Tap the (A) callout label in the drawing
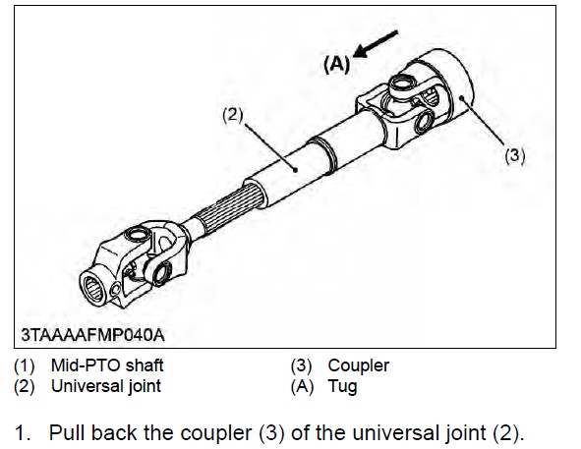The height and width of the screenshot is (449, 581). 337,64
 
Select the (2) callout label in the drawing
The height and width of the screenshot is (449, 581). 232,114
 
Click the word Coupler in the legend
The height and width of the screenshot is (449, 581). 358,365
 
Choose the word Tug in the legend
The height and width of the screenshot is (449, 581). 342,385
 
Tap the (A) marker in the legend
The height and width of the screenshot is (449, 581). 303,385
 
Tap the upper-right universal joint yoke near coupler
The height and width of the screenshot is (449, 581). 403,113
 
